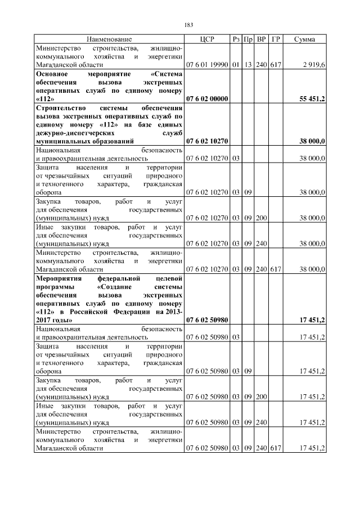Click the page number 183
(x=189, y=24)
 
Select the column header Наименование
(x=109, y=39)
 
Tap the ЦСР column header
(x=207, y=39)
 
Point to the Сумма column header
(x=304, y=39)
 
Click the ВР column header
(x=262, y=39)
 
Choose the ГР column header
(x=276, y=39)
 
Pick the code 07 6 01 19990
(x=207, y=65)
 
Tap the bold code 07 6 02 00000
(x=207, y=98)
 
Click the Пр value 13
(x=248, y=65)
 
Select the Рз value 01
(x=236, y=65)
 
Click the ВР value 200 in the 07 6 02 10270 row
(x=262, y=217)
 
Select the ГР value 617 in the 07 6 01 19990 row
(x=276, y=65)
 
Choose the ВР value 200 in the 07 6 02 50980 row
(x=262, y=397)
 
